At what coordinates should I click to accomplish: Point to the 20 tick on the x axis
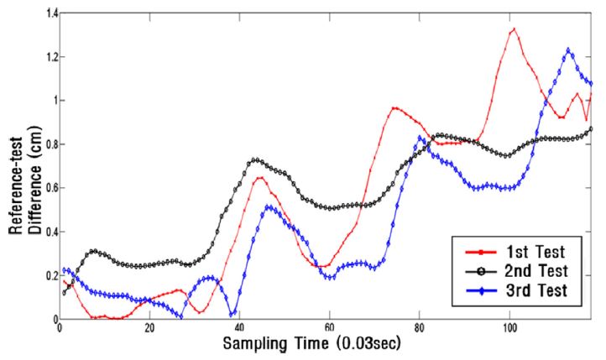click(149, 329)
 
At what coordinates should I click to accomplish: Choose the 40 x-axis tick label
click(239, 329)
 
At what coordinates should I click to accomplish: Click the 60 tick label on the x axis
click(329, 329)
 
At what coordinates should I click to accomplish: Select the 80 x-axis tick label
click(419, 329)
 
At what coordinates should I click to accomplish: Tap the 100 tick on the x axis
click(509, 329)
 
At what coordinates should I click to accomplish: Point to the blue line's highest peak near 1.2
click(568, 50)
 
